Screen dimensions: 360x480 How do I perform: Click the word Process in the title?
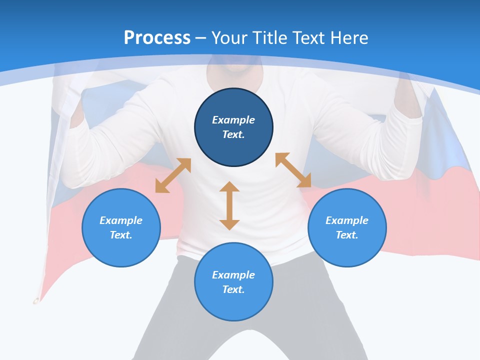tap(157, 37)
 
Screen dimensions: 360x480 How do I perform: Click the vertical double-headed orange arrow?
tap(229, 205)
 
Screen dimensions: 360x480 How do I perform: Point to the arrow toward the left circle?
tap(173, 175)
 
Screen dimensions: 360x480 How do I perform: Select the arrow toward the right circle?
tap(293, 170)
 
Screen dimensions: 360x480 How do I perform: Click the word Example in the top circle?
tap(233, 120)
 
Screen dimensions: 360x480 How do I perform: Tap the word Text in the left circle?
tap(121, 235)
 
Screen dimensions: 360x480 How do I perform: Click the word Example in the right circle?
tap(347, 220)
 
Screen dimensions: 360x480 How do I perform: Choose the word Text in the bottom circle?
tap(233, 289)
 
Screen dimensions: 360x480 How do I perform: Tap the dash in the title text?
tap(201, 38)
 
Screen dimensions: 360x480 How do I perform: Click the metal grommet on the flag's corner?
tap(35, 301)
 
